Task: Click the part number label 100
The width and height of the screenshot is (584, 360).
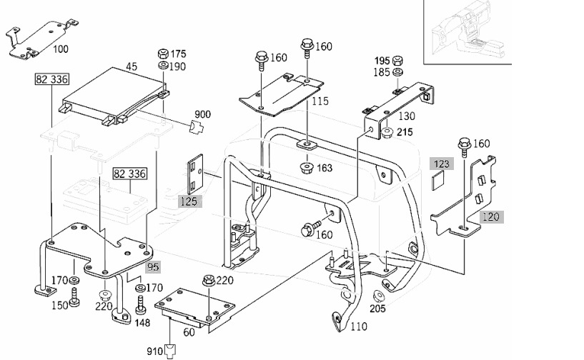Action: [61, 49]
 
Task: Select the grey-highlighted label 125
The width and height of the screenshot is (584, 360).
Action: [189, 201]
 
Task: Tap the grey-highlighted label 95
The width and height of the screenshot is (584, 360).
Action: [153, 267]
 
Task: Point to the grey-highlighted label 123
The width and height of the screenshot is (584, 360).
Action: [442, 164]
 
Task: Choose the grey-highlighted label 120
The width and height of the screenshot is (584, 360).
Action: [491, 216]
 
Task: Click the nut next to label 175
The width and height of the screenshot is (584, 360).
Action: [163, 54]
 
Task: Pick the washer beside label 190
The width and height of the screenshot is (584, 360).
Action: [163, 66]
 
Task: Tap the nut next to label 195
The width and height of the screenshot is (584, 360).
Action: [397, 60]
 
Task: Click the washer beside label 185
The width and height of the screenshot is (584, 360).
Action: [398, 72]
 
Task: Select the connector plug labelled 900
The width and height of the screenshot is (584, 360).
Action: [197, 127]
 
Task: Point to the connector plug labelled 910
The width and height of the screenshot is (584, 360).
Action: [170, 350]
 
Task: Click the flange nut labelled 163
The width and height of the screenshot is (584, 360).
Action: [307, 168]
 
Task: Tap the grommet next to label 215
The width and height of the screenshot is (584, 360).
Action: [387, 132]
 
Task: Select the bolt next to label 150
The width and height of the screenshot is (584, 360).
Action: [74, 297]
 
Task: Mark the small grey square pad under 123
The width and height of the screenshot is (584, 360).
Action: [438, 181]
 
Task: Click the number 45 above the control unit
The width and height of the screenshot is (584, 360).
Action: [132, 66]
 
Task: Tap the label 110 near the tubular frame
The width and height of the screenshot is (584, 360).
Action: [359, 326]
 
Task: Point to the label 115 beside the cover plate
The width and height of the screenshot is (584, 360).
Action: [320, 101]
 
